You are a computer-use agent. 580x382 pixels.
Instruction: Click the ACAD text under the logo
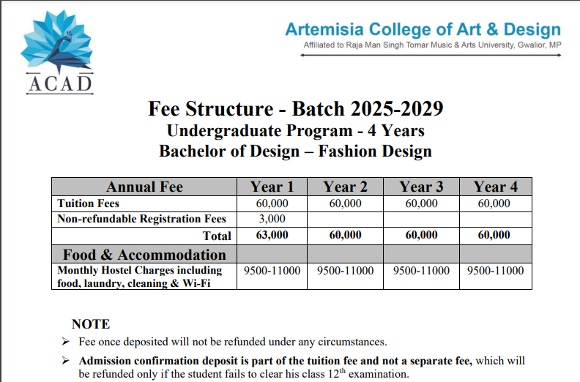60,84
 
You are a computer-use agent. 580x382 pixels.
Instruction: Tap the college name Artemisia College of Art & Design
423,29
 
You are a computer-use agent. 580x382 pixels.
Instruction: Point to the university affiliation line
432,45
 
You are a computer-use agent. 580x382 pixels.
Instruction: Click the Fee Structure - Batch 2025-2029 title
295,109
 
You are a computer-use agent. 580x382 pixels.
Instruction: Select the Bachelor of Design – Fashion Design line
295,151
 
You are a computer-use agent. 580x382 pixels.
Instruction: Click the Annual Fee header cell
144,187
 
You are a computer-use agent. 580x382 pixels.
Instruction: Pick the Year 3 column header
421,187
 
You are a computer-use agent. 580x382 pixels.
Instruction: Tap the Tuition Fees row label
89,203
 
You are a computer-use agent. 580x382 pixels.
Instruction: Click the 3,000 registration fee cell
272,219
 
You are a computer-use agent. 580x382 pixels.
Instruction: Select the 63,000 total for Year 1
272,235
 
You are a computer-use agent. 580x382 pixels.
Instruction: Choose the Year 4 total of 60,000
494,235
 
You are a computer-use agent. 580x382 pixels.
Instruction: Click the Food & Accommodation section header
144,255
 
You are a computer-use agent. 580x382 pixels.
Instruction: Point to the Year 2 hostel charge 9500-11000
345,271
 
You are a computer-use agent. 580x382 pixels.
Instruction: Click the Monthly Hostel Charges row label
139,277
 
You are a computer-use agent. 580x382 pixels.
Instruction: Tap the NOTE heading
91,324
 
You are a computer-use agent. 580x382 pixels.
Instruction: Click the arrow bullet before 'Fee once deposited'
66,342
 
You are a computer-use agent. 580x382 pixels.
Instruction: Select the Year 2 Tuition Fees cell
345,203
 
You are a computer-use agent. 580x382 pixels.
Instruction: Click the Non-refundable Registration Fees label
142,219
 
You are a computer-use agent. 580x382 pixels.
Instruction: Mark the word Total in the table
217,236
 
